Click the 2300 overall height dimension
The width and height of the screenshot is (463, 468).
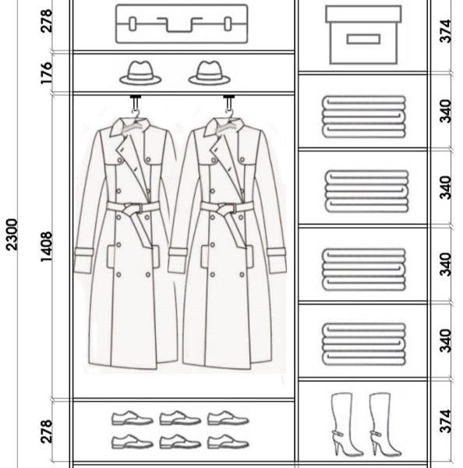[12, 234]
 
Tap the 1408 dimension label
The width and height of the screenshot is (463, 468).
[47, 247]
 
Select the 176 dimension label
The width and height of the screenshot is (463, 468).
[47, 73]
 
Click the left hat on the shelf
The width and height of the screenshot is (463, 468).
[140, 73]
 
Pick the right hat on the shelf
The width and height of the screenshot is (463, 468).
[210, 73]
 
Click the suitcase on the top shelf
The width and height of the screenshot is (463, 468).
[182, 24]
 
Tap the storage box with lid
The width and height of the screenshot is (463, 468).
[363, 35]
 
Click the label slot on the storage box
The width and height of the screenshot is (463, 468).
[363, 39]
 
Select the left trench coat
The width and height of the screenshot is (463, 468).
[125, 243]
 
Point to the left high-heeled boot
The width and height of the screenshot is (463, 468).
[346, 424]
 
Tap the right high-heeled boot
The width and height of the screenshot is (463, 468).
[385, 424]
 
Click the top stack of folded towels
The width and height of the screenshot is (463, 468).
[364, 117]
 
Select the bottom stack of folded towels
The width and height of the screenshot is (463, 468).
[364, 344]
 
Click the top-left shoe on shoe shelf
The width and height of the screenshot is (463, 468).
[133, 418]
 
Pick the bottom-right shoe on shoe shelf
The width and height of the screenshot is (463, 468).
[228, 441]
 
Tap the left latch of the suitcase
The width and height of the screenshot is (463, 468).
[133, 24]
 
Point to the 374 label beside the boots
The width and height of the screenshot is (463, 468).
[445, 421]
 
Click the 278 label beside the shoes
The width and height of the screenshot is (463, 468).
[47, 431]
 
